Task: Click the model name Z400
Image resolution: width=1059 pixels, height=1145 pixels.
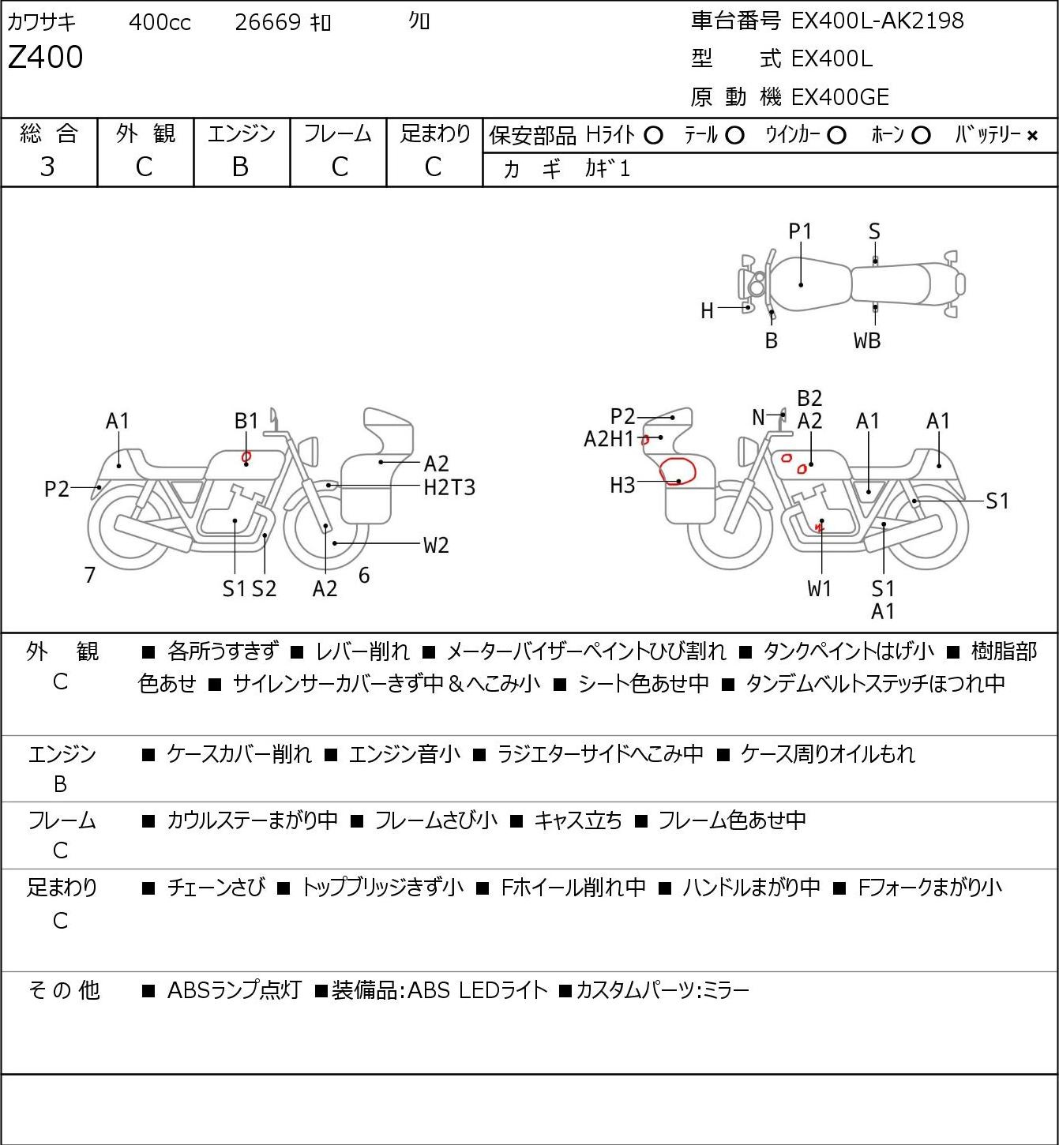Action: [x=45, y=58]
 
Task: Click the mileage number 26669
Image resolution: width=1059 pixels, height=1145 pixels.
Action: [x=268, y=22]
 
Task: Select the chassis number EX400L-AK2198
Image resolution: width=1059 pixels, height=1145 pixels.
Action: [x=877, y=21]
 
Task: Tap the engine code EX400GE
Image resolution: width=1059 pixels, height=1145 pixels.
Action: [x=840, y=97]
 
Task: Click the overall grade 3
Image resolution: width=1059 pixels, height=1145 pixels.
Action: [x=47, y=167]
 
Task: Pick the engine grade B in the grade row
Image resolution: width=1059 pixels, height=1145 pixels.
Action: [x=241, y=167]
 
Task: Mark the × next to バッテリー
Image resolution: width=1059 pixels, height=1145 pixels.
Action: [x=1032, y=136]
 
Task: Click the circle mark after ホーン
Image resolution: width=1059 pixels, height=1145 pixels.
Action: [x=920, y=136]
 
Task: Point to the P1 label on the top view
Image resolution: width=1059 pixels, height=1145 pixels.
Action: [x=800, y=231]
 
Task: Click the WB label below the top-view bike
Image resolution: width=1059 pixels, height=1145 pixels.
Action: [x=867, y=341]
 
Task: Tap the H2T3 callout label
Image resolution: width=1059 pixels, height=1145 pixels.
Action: [x=449, y=487]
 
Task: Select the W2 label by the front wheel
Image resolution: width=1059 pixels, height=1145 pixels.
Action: [x=436, y=545]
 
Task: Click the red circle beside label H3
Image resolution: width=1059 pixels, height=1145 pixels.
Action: [x=677, y=471]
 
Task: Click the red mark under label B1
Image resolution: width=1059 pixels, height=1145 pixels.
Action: [x=246, y=456]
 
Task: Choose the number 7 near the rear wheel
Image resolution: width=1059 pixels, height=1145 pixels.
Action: [x=90, y=576]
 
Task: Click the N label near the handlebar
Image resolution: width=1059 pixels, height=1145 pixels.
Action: [x=758, y=417]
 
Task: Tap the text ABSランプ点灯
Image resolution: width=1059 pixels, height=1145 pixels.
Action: [x=234, y=990]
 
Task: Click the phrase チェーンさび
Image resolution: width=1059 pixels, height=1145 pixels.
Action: [x=216, y=888]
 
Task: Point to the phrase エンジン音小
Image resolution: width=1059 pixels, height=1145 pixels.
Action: [x=404, y=754]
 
